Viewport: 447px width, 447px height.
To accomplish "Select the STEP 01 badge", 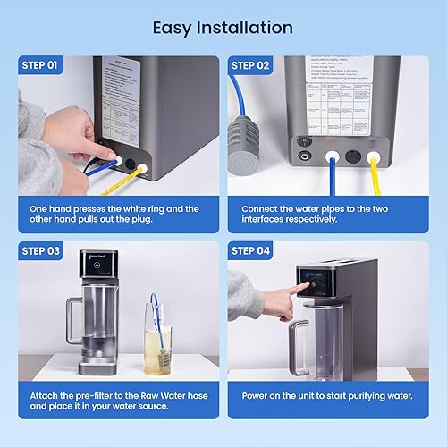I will [40, 64].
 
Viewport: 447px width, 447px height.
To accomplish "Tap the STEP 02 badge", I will [250, 64].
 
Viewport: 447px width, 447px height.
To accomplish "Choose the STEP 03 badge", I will [40, 251].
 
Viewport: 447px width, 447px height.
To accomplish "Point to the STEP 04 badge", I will [250, 251].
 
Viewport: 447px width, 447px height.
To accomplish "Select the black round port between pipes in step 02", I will [351, 154].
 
